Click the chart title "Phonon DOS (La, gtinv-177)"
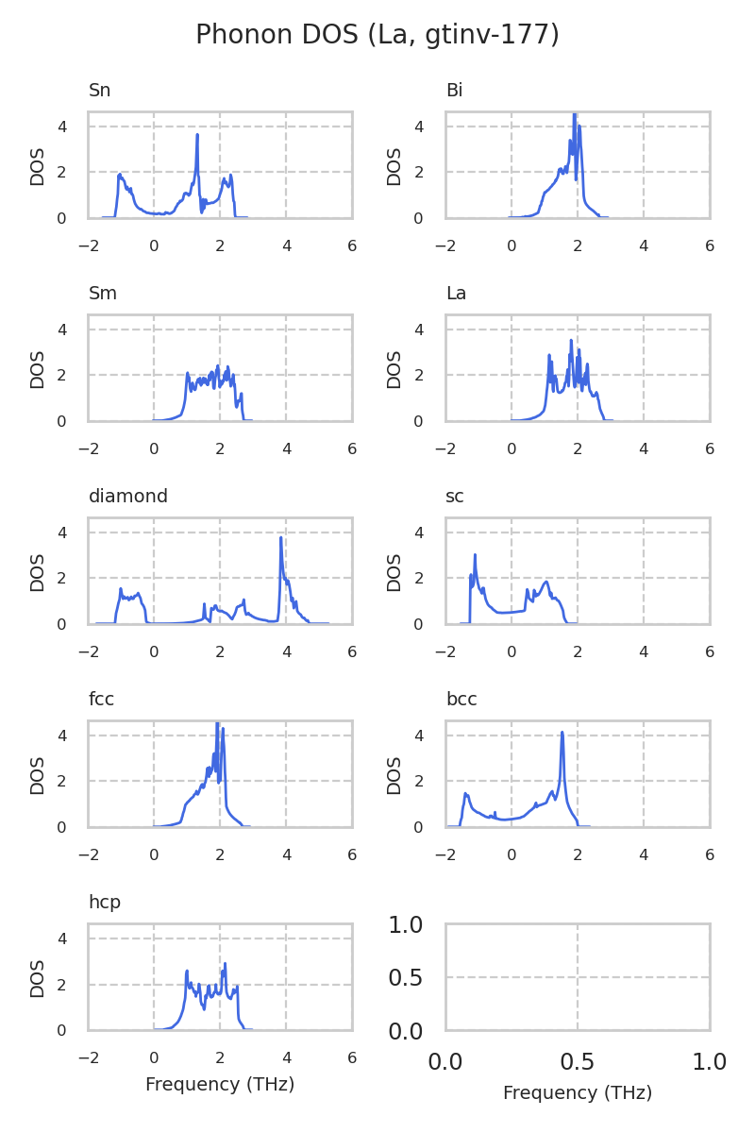pyautogui.click(x=377, y=35)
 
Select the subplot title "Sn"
pyautogui.click(x=99, y=91)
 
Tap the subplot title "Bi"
pyautogui.click(x=454, y=91)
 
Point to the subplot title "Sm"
pyautogui.click(x=102, y=294)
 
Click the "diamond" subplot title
pyautogui.click(x=127, y=497)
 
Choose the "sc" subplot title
pyautogui.click(x=454, y=497)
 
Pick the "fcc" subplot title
pyautogui.click(x=101, y=700)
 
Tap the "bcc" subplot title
pyautogui.click(x=461, y=700)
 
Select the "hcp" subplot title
pyautogui.click(x=104, y=903)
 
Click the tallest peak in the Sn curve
pyautogui.click(x=197, y=135)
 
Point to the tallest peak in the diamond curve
pyautogui.click(x=281, y=538)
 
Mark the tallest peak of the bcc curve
pyautogui.click(x=562, y=732)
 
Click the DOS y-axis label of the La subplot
pyautogui.click(x=394, y=369)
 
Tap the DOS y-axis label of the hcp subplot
pyautogui.click(x=38, y=978)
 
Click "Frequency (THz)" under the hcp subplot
pyautogui.click(x=220, y=1085)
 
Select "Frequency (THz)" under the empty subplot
pyautogui.click(x=578, y=1093)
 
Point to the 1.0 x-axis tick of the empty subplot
pyautogui.click(x=710, y=1062)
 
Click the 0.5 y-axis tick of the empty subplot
pyautogui.click(x=411, y=978)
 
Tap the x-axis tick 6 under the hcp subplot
pyautogui.click(x=352, y=1058)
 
